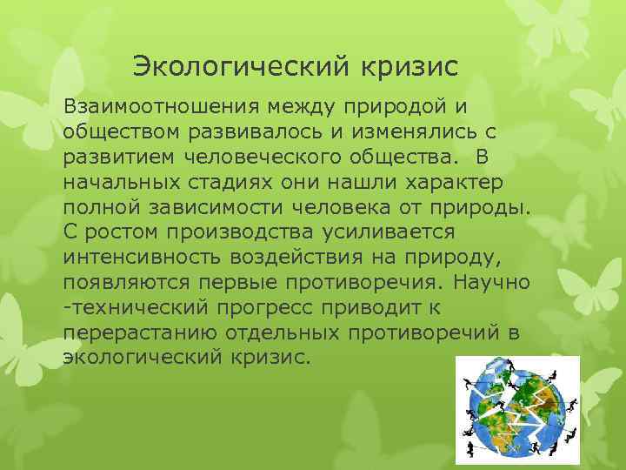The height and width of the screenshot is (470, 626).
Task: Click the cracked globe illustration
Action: (516, 409)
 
